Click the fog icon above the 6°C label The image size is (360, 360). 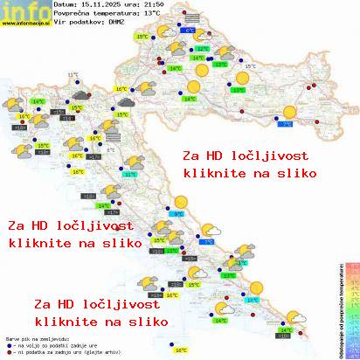(189, 18)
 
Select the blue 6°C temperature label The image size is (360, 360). (190, 30)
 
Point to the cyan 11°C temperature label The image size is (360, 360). (131, 174)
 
